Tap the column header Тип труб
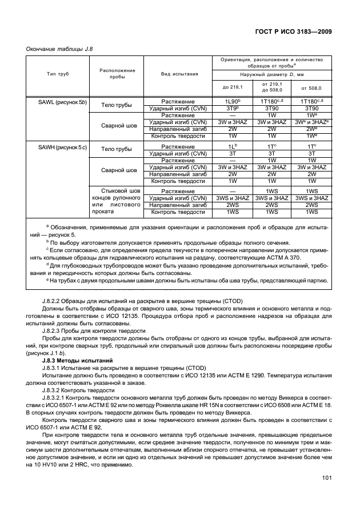55,74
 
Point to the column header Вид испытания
179,74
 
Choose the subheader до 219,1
232,87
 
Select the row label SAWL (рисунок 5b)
55,102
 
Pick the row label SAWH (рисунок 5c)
55,148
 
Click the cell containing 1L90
232,101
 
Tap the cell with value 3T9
232,108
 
